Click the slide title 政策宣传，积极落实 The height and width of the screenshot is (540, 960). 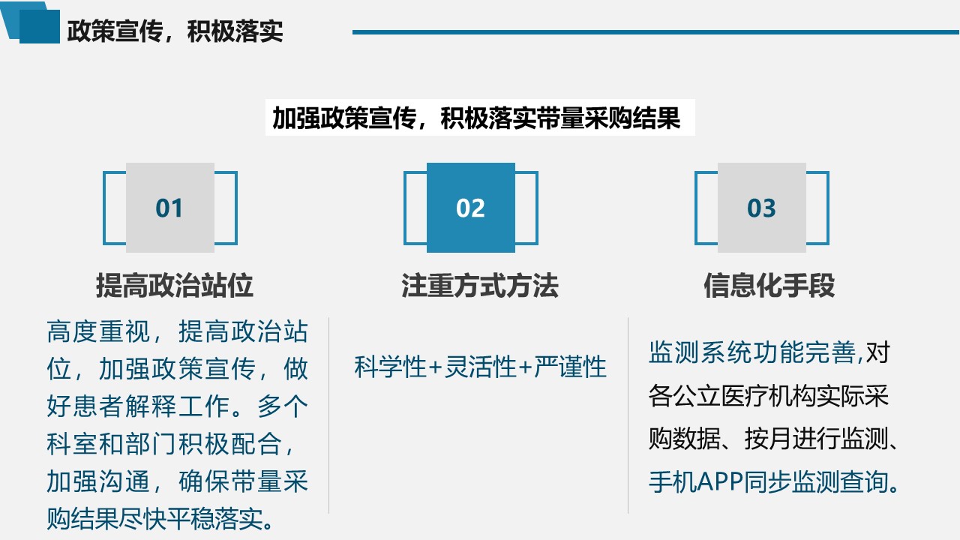(175, 31)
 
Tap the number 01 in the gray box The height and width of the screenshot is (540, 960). (169, 208)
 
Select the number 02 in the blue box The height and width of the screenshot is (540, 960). (470, 208)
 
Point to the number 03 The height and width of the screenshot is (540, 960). (761, 208)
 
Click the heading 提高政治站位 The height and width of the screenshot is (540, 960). (175, 286)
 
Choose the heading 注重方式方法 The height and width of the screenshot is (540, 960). (480, 286)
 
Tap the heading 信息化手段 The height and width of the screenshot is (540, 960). (769, 286)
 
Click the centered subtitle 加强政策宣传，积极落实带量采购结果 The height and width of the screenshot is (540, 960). (476, 118)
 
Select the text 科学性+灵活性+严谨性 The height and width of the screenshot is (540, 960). (481, 367)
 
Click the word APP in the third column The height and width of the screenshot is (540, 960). (720, 481)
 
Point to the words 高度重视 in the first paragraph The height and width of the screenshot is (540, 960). (98, 331)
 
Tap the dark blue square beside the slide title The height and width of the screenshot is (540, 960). (40, 26)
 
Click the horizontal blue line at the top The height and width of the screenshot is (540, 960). (655, 32)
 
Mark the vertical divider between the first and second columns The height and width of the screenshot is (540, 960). (328, 415)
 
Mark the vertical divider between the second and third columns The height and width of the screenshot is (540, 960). (628, 415)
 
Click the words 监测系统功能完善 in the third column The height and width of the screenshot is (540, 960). (752, 352)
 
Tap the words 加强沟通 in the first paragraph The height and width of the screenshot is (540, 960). (98, 481)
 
